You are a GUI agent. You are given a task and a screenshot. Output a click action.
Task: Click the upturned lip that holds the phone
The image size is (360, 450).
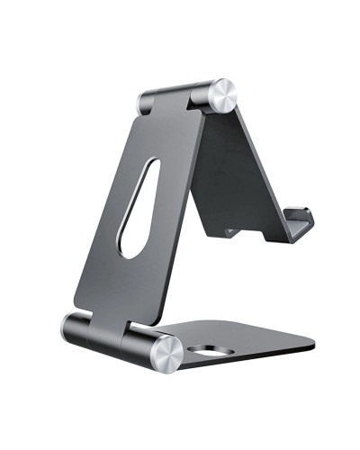click(302, 224)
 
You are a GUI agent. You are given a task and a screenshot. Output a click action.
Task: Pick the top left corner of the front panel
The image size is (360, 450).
click(141, 115)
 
